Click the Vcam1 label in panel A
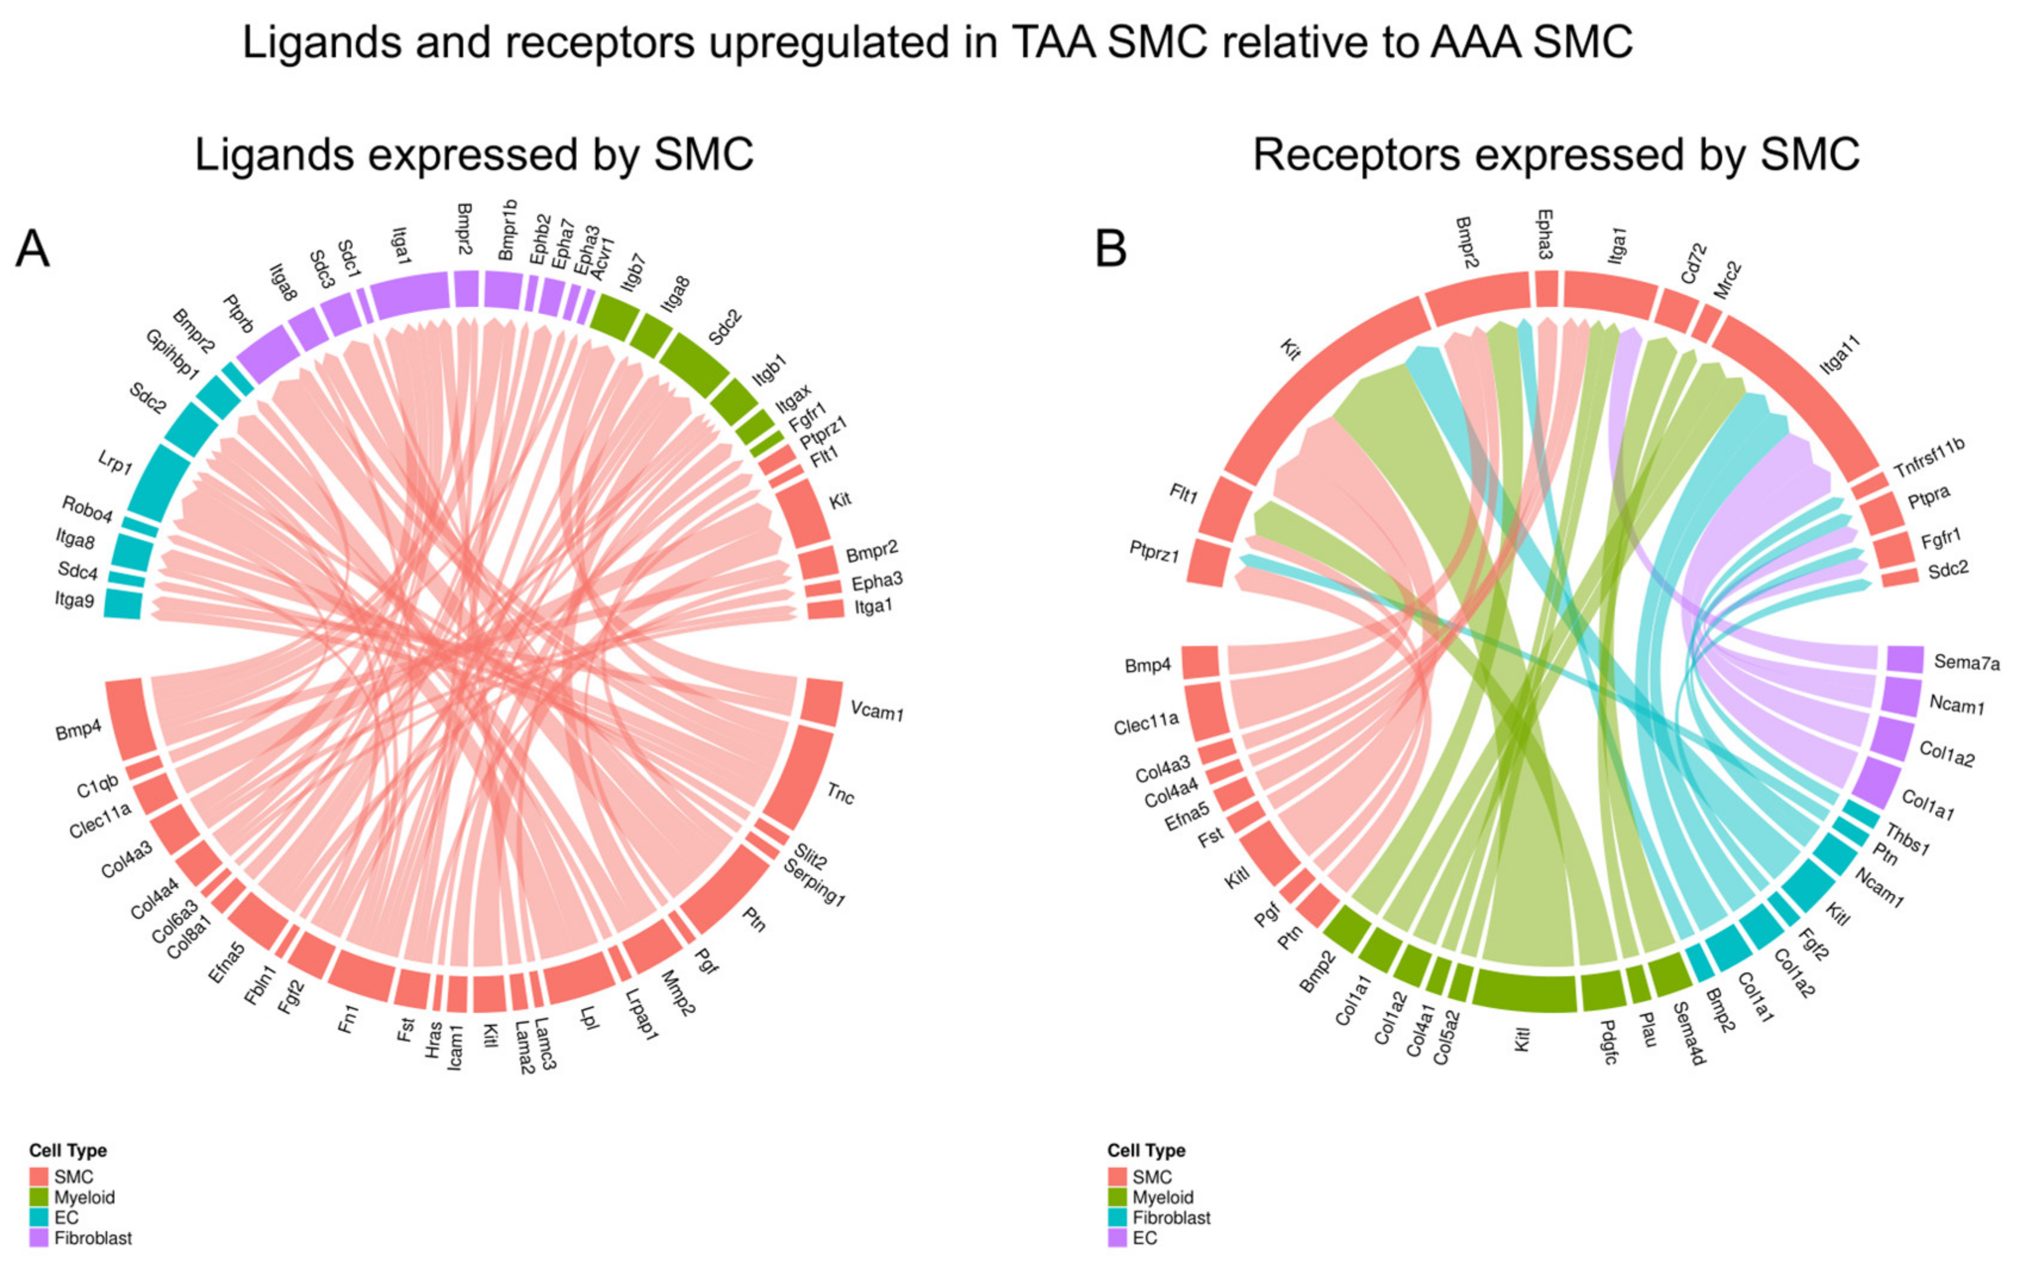877,711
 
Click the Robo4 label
87,508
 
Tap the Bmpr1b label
507,230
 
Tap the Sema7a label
1966,663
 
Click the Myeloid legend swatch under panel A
39,1197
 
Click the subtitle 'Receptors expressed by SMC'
1556,154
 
